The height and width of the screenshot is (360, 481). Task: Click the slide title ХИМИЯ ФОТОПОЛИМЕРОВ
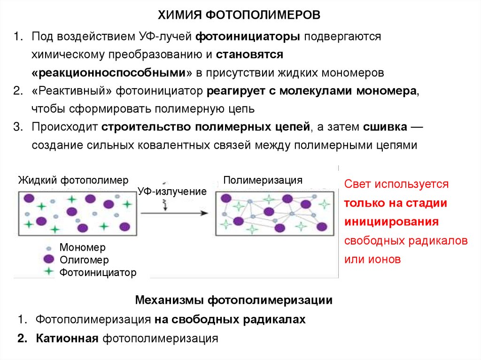point(239,16)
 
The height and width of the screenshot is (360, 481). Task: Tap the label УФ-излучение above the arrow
point(172,191)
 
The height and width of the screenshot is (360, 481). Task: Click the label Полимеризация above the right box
point(263,180)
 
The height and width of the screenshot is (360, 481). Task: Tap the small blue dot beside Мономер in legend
point(48,248)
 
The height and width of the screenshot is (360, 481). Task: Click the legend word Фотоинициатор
point(98,272)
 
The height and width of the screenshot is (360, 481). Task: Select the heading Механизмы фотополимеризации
point(234,300)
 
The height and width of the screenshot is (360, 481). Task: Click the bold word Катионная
point(67,338)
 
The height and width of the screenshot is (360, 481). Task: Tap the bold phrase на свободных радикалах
point(230,320)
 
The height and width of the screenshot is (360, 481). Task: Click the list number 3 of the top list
point(18,127)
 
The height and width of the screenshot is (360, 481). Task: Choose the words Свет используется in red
point(396,184)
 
